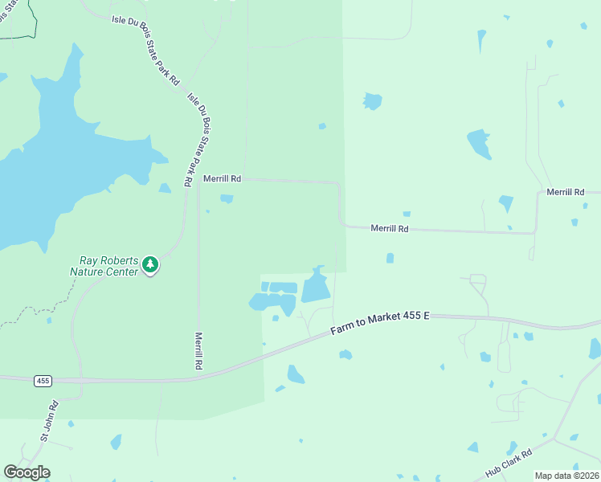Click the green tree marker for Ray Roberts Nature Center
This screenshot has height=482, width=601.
[150, 265]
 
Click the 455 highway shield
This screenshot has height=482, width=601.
[43, 381]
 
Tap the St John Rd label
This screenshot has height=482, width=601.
[50, 422]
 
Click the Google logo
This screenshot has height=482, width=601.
[27, 472]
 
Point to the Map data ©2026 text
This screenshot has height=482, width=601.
[566, 476]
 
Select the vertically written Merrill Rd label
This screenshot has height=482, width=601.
[198, 351]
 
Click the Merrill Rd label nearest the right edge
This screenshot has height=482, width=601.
[565, 192]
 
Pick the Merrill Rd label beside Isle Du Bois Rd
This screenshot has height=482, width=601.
[222, 178]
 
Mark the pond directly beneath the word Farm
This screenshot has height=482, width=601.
[345, 354]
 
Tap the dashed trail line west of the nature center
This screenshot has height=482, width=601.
[32, 312]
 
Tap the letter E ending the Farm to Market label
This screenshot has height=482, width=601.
[427, 316]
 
